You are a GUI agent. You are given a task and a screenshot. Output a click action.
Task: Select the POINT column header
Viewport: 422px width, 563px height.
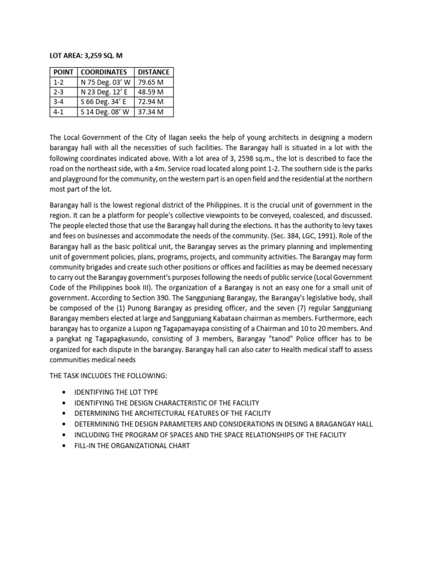coord(64,72)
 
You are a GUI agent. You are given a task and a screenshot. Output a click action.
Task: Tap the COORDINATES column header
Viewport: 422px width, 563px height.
coord(104,72)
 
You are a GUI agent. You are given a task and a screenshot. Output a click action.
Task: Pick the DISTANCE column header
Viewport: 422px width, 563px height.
coord(153,72)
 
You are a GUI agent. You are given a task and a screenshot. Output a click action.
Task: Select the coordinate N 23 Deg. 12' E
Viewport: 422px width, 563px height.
coord(104,92)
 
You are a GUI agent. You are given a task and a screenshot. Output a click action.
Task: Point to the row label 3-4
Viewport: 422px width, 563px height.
coord(59,102)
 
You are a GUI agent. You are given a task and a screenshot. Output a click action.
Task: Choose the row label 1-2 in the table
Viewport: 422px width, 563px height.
coord(59,82)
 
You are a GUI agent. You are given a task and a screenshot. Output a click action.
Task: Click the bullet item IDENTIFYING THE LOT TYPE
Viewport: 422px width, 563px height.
coord(116,393)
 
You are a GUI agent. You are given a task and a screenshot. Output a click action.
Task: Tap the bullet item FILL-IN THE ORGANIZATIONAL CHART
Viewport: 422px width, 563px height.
coord(132,445)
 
